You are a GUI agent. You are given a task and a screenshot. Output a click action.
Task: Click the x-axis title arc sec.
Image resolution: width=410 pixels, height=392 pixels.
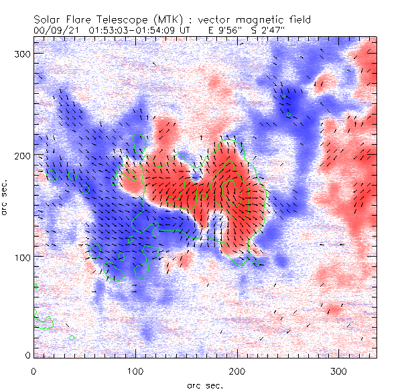pyautogui.click(x=205, y=385)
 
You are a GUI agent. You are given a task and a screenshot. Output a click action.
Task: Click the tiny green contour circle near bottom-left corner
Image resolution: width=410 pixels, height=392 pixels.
pyautogui.click(x=72, y=337)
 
